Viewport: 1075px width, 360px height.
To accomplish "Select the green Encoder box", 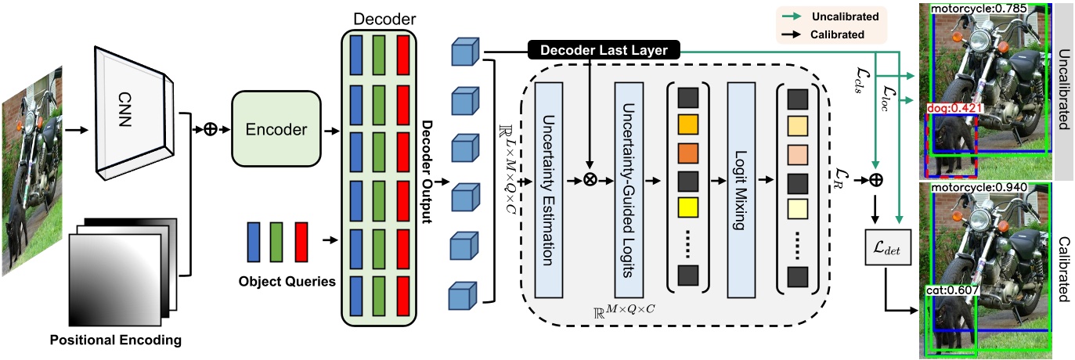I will (276, 128).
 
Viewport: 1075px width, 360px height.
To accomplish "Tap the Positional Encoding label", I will (115, 340).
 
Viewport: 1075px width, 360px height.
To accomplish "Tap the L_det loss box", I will (887, 249).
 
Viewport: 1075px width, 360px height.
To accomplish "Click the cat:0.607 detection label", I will (949, 290).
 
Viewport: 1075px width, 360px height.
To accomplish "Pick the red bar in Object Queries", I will (301, 240).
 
